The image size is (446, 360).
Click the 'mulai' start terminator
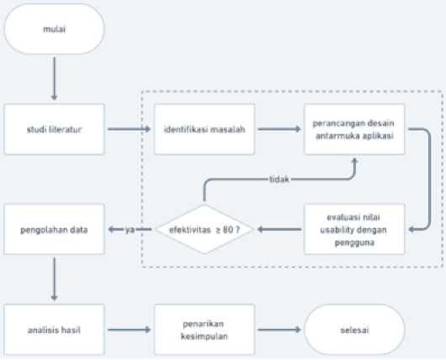tap(55, 29)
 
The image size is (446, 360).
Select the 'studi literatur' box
tap(55, 130)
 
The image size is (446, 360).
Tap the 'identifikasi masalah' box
tap(204, 130)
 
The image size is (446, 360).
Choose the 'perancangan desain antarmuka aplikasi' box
tap(354, 130)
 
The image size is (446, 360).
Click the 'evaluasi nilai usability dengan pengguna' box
tap(354, 229)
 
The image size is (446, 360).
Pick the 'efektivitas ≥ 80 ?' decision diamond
tap(204, 229)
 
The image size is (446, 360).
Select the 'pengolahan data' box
tap(55, 229)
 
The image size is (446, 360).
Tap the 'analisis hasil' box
tap(55, 330)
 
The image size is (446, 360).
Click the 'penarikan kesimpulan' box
tap(204, 330)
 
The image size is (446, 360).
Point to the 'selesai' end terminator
tap(354, 330)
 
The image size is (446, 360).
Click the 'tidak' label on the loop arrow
tap(279, 179)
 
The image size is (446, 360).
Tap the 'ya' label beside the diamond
tap(130, 230)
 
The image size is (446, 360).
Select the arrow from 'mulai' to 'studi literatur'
tap(55, 78)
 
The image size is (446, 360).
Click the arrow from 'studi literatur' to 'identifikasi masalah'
tap(129, 129)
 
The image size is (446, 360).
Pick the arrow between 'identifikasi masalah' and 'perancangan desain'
tap(279, 129)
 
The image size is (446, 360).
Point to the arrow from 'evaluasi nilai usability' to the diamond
tap(279, 229)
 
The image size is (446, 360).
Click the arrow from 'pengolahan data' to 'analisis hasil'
tap(55, 279)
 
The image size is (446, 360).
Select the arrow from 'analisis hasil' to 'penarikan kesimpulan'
tap(129, 330)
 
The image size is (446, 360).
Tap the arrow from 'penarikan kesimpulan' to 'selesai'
tap(279, 330)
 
